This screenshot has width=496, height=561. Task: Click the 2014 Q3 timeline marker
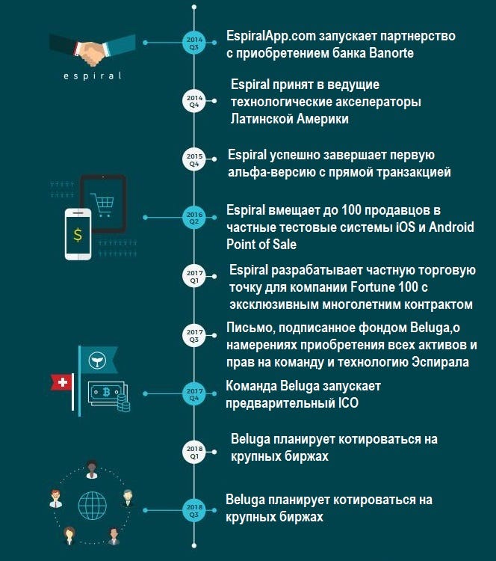193,41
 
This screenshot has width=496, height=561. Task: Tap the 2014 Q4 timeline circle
193,101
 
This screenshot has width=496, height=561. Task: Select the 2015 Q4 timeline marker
193,158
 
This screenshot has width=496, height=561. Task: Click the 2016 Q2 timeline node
193,218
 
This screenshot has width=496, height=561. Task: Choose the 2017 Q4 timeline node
193,393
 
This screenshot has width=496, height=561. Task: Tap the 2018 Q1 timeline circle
193,450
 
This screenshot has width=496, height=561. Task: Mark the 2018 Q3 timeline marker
193,512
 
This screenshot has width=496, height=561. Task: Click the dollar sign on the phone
78,234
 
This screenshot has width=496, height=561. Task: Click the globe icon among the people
90,500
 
